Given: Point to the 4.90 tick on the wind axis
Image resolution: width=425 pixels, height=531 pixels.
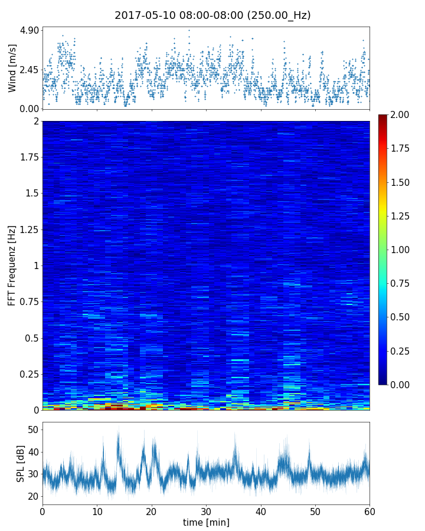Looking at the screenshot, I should pos(29,30).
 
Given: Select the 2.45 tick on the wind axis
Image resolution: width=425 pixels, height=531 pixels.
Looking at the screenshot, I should pos(29,70).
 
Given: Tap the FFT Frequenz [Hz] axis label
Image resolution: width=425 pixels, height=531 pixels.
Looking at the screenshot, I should pos(12,265).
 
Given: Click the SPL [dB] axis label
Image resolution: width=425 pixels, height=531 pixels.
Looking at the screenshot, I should pos(21,463).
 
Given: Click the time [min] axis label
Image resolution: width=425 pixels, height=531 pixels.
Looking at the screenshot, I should pos(206,522).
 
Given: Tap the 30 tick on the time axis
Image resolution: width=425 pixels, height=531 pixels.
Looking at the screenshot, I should pos(206,510).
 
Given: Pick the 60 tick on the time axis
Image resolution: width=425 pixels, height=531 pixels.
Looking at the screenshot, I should pos(370,510).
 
